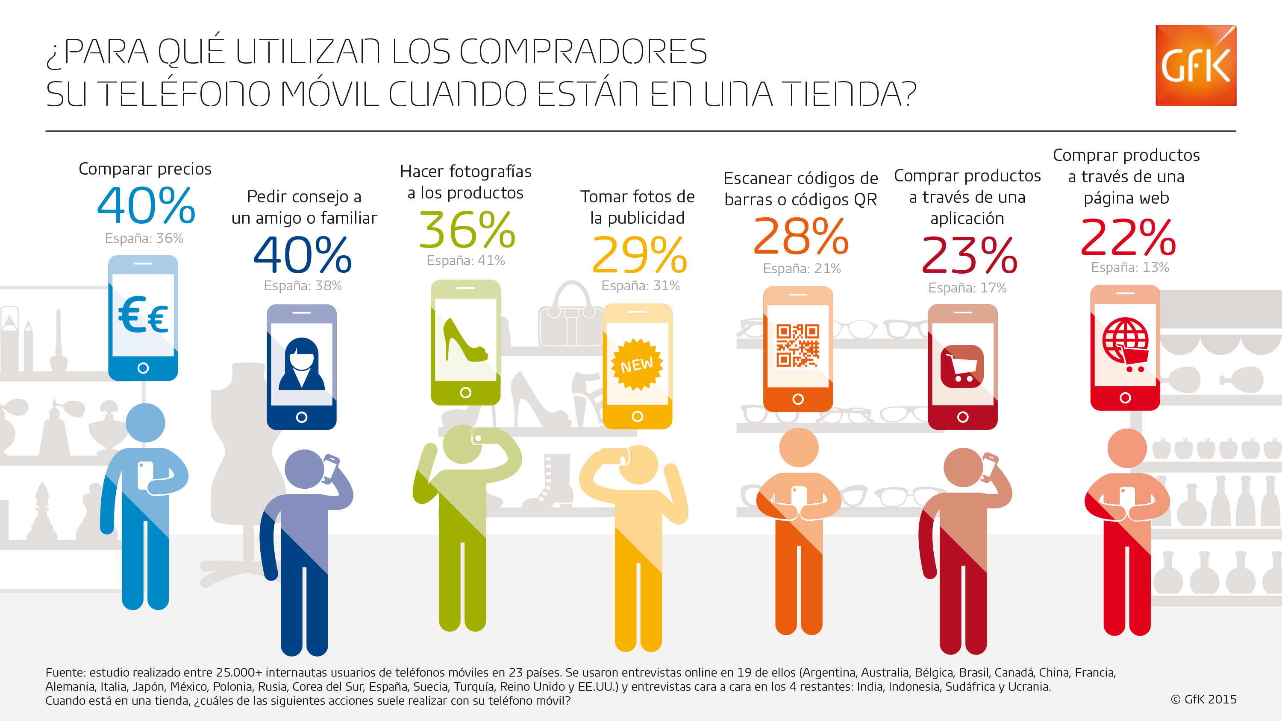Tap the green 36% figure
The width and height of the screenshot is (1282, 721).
[467, 230]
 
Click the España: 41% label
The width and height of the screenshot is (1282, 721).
[465, 260]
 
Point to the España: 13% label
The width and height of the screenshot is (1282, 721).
[1130, 268]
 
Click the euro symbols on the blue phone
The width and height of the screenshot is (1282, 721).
[143, 315]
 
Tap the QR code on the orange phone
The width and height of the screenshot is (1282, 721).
[798, 346]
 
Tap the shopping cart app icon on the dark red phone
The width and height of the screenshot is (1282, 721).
[962, 366]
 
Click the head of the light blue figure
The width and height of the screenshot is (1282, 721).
[145, 423]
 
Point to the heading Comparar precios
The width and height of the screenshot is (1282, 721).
[145, 169]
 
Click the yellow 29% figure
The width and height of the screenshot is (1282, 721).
[640, 255]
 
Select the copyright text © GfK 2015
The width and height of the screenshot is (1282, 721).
[1203, 700]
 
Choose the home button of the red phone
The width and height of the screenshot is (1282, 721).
[1125, 398]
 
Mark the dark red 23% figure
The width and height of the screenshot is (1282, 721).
[970, 256]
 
